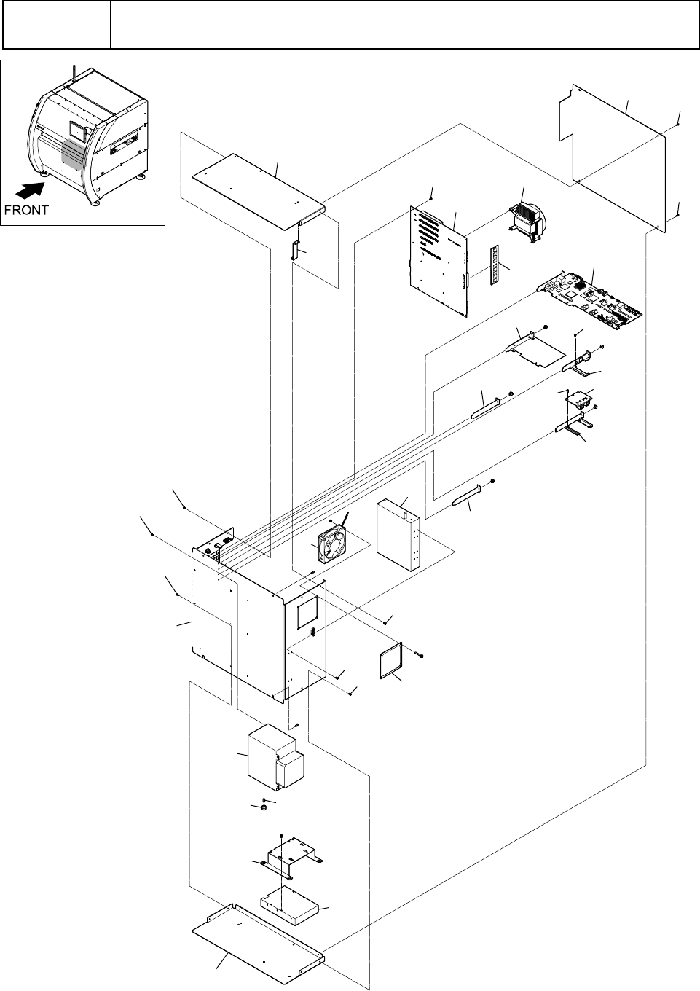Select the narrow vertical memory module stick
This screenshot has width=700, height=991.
[498, 267]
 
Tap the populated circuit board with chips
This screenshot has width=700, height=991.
[591, 300]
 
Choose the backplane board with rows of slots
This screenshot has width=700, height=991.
[441, 262]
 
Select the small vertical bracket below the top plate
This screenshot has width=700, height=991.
[296, 251]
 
